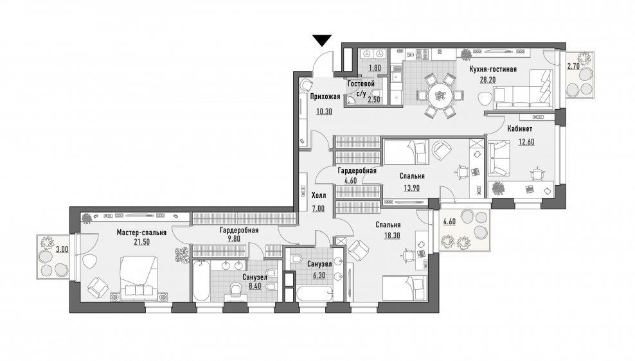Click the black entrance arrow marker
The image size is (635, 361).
(x=322, y=40)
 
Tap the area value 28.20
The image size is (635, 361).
(x=488, y=80)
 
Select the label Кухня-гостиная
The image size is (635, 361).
(x=493, y=69)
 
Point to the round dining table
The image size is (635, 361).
(x=439, y=96)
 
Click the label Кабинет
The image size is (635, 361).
(x=519, y=128)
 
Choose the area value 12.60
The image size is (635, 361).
(x=526, y=142)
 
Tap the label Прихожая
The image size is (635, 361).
(x=325, y=96)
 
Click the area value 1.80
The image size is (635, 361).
(x=375, y=68)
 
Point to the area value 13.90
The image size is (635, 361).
(x=411, y=188)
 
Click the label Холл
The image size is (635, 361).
(x=319, y=195)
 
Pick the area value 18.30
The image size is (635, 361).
(x=392, y=235)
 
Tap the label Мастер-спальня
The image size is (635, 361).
(x=141, y=233)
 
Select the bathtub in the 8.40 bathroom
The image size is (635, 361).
(x=201, y=281)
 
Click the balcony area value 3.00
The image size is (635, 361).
(x=62, y=249)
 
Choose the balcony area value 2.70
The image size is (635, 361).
(x=573, y=66)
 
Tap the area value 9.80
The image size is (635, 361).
(x=234, y=239)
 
